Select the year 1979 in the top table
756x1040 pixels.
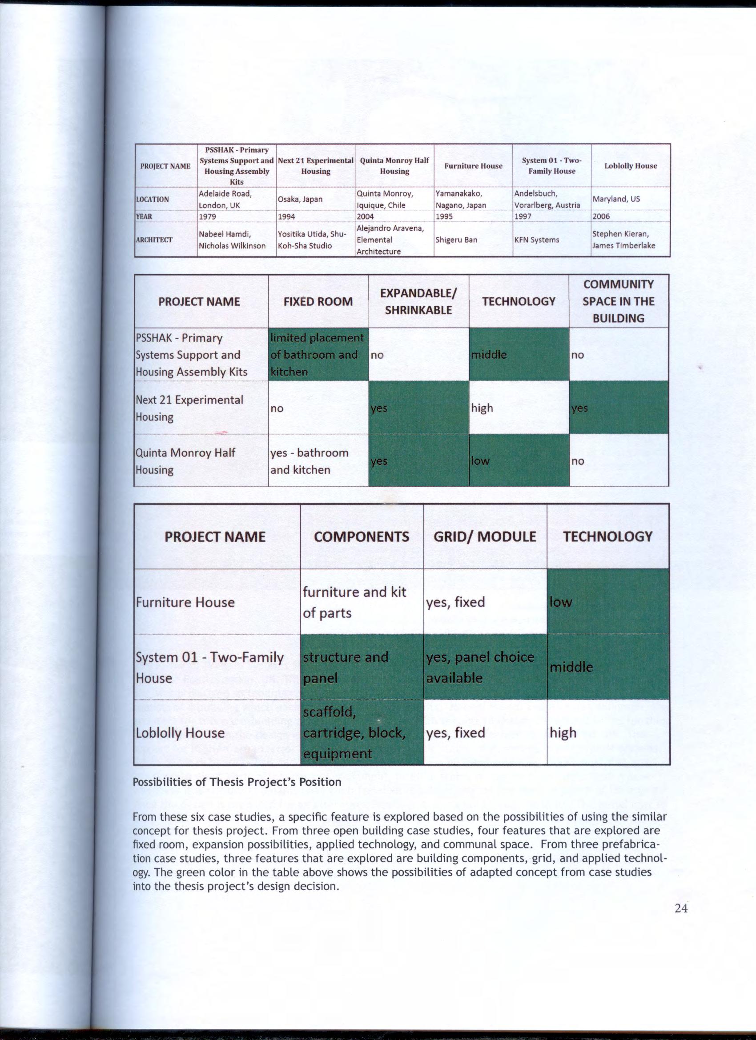[x=207, y=216]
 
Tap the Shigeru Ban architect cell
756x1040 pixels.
[x=456, y=240]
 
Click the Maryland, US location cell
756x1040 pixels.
[x=615, y=199]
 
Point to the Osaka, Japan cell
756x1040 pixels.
[x=300, y=200]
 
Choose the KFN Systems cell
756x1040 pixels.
[x=536, y=240]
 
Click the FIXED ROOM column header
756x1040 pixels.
[x=318, y=302]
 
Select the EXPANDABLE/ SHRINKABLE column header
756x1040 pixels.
[x=418, y=301]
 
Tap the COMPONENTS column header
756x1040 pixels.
[x=362, y=536]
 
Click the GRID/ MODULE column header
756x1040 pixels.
[x=484, y=536]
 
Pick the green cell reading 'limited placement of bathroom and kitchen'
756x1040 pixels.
[x=318, y=355]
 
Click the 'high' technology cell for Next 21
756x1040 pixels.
[x=519, y=408]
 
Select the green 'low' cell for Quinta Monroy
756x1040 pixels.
[x=519, y=461]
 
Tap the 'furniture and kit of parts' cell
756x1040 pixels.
[x=362, y=602]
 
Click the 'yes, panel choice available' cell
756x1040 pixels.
[x=484, y=667]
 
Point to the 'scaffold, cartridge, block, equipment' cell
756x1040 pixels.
[x=362, y=732]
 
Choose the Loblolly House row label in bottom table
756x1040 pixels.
[x=180, y=733]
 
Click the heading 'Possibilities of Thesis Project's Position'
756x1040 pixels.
[x=237, y=782]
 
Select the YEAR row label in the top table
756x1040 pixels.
[x=144, y=216]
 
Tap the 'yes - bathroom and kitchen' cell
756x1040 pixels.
[x=318, y=461]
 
